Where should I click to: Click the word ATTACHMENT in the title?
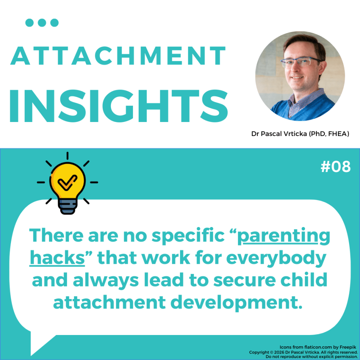pyautogui.click(x=118, y=56)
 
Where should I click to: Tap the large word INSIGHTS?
pyautogui.click(x=119, y=106)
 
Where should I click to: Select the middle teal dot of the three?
pyautogui.click(x=42, y=23)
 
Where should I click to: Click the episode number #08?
pyautogui.click(x=335, y=166)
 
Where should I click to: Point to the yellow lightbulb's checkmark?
pyautogui.click(x=67, y=183)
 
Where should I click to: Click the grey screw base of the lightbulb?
pyautogui.click(x=67, y=206)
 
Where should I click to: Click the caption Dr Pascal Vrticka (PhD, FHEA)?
pyautogui.click(x=300, y=134)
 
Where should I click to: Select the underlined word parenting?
pyautogui.click(x=283, y=236)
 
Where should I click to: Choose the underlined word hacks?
pyautogui.click(x=57, y=258)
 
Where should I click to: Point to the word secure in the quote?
pyautogui.click(x=244, y=280)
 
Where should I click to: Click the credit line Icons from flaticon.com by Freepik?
pyautogui.click(x=318, y=347)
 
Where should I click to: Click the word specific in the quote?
pyautogui.click(x=188, y=236)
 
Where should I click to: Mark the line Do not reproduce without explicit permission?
pyautogui.click(x=311, y=357)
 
